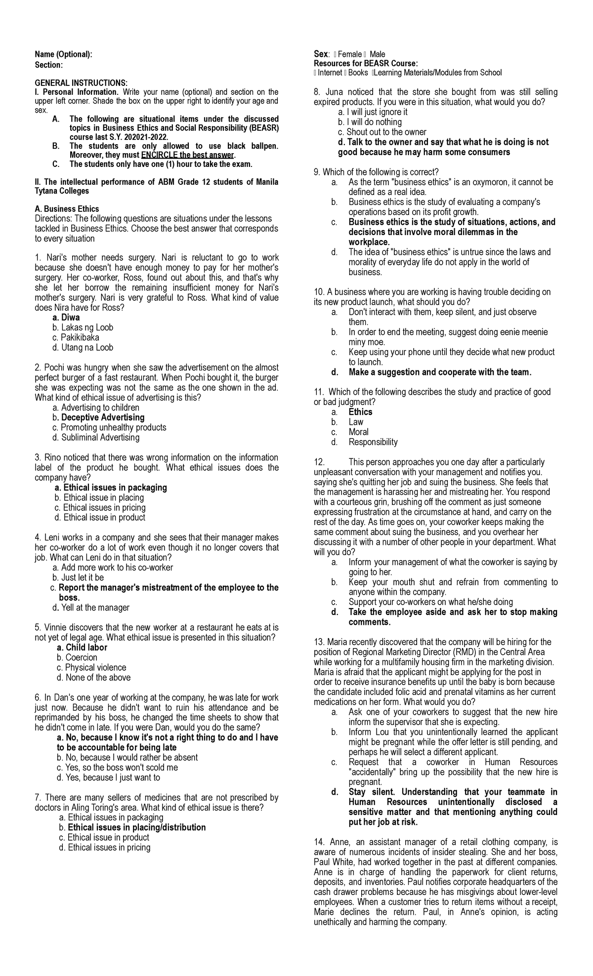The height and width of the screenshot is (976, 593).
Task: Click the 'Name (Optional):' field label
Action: (63, 55)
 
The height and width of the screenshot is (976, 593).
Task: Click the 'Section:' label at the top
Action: (49, 65)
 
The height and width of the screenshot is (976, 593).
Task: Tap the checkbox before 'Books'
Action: (345, 73)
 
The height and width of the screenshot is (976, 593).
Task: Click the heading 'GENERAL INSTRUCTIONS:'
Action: (81, 82)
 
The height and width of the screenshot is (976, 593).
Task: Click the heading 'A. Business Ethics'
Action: (67, 209)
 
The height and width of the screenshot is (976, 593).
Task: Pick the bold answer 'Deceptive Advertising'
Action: (103, 418)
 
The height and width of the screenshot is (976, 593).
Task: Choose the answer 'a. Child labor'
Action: (82, 648)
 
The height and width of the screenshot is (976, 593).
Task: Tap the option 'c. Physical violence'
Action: (91, 668)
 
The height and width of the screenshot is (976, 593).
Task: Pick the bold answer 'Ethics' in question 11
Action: (360, 412)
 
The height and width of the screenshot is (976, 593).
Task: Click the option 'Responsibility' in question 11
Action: (373, 442)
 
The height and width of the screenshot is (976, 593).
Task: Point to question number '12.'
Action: (319, 462)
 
